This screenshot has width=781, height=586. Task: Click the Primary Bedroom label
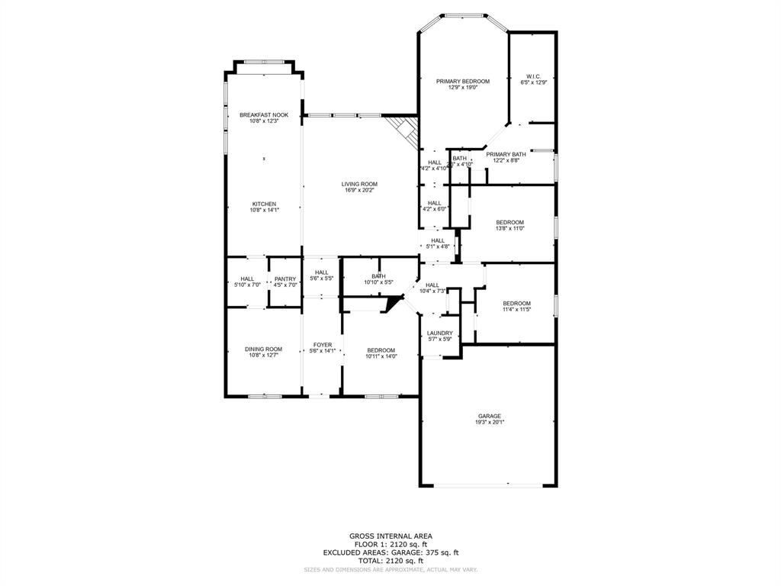(462, 81)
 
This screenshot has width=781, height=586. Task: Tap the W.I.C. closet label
(533, 76)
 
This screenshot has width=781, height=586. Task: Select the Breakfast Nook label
(264, 115)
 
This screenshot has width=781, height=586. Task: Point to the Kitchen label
(264, 204)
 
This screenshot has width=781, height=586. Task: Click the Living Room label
(359, 184)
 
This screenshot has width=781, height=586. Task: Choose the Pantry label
(285, 279)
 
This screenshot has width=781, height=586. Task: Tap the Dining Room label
(263, 349)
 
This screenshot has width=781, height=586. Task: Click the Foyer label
(322, 345)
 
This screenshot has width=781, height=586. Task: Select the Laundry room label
(440, 333)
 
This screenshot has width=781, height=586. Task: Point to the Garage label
(490, 416)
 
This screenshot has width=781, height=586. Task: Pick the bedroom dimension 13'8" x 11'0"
(510, 228)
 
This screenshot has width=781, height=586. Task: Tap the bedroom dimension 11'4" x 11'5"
(516, 309)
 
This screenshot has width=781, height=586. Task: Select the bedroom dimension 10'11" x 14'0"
(381, 356)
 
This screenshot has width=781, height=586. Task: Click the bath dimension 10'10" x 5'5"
(378, 282)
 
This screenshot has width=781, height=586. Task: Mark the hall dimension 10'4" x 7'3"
(432, 291)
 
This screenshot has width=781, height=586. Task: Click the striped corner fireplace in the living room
(403, 130)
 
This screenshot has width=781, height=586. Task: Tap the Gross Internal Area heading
(390, 536)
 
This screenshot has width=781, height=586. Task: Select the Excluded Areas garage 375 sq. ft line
(390, 552)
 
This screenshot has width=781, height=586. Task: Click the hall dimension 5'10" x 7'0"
(247, 285)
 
